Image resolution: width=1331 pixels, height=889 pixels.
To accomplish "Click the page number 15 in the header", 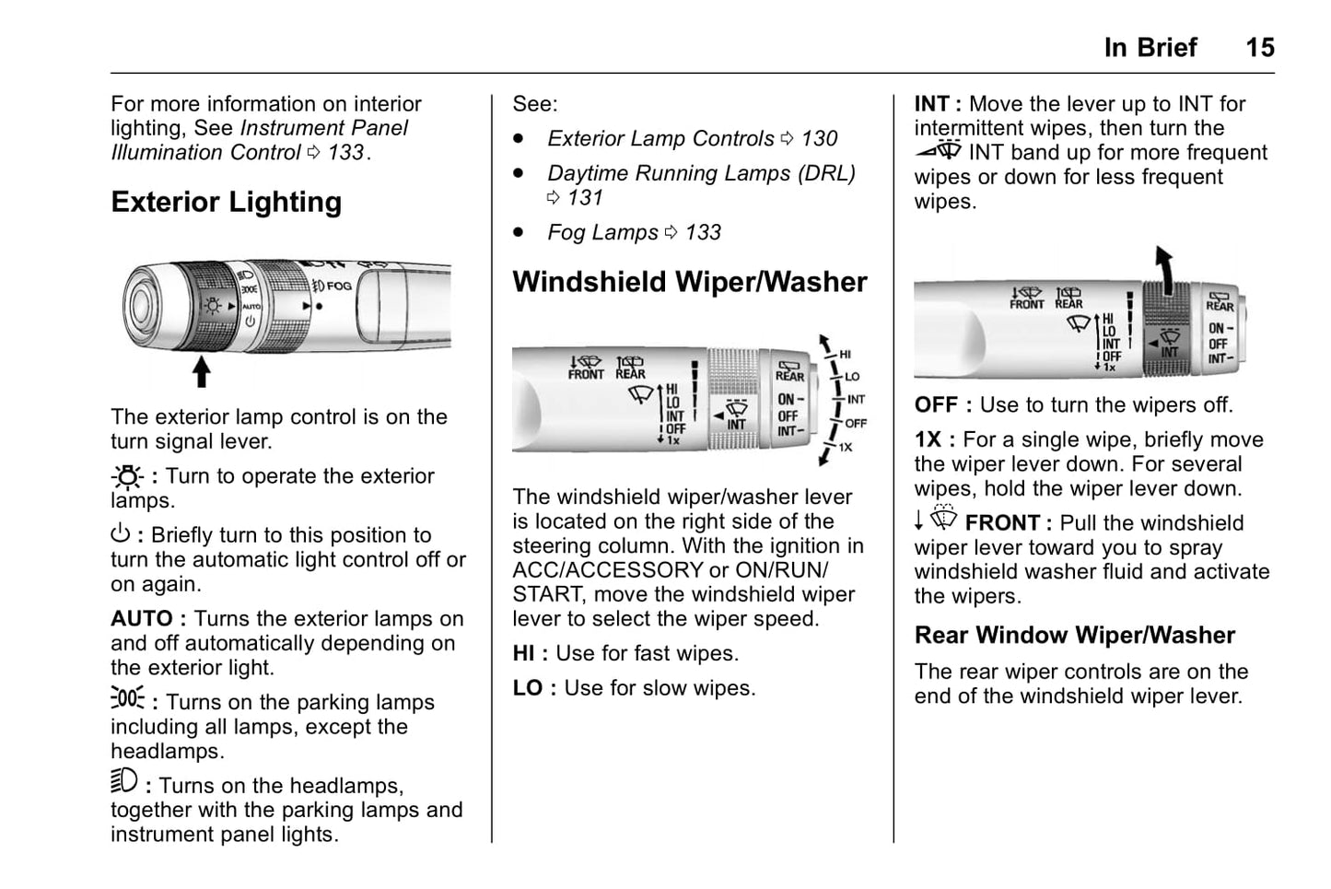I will (x=1259, y=48).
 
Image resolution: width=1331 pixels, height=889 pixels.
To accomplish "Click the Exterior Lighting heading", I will (x=226, y=202).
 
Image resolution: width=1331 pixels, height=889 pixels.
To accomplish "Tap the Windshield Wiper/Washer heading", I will (x=689, y=282).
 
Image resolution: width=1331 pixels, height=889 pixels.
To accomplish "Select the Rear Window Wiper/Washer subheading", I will (x=1074, y=636).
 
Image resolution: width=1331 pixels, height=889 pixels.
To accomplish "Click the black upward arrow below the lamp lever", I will (x=201, y=371).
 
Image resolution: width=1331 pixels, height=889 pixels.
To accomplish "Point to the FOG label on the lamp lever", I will (x=339, y=287).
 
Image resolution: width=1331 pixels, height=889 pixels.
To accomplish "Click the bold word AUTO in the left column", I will (x=142, y=619).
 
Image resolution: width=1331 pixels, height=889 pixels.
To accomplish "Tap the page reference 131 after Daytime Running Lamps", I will (x=585, y=198).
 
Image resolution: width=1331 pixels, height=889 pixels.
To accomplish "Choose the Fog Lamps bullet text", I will (x=602, y=233).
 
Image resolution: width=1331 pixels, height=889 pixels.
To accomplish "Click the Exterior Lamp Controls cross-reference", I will (x=660, y=139).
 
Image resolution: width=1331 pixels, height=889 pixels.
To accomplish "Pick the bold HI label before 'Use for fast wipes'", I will (x=523, y=654).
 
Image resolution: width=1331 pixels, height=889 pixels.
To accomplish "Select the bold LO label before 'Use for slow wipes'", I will (x=527, y=689).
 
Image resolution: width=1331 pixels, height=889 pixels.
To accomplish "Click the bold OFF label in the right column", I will (x=936, y=405).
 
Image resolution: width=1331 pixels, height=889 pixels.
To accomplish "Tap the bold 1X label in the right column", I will (x=929, y=440).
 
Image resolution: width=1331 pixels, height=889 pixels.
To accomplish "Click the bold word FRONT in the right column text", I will (x=1002, y=523).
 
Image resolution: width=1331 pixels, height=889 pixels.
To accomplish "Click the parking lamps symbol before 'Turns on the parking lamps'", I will (x=127, y=698).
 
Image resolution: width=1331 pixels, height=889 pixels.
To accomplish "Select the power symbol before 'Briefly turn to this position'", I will (x=121, y=534).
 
